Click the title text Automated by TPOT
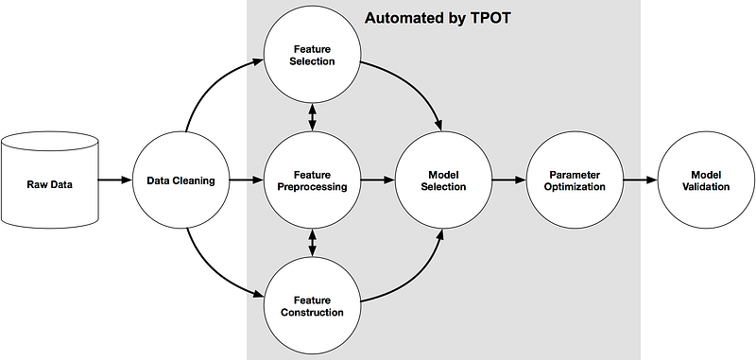tap(438, 18)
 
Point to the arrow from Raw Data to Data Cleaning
tap(115, 180)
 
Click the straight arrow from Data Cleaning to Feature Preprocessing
tap(247, 180)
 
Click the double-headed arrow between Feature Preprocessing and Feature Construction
tap(312, 244)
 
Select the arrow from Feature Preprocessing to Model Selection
tap(378, 180)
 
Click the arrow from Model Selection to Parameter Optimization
tap(509, 180)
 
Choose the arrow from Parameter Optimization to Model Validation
tap(641, 180)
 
